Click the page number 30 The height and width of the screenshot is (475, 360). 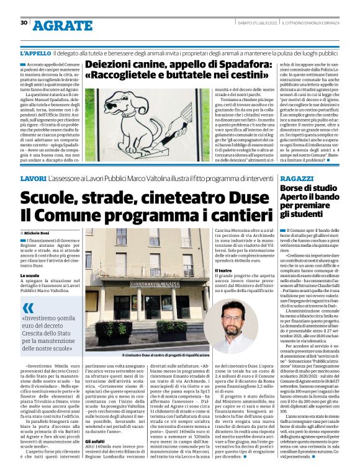coord(24,22)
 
